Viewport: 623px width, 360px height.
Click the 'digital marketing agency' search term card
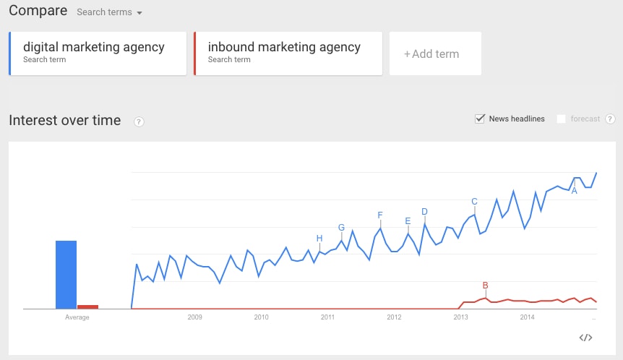(x=98, y=53)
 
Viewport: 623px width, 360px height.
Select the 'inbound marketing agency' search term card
(x=288, y=53)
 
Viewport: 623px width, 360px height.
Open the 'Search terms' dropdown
(x=109, y=12)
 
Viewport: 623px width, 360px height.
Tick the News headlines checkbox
(x=479, y=119)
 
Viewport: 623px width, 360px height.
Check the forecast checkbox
(x=562, y=119)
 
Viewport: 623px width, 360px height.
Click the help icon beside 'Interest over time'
(x=139, y=121)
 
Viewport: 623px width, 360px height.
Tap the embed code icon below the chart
(x=586, y=338)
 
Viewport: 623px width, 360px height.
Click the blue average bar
(x=66, y=275)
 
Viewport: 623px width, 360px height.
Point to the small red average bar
(x=88, y=307)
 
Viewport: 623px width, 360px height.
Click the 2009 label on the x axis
(x=194, y=317)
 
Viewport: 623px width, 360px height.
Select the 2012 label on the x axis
(x=394, y=317)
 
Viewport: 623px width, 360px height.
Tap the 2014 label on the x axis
(x=527, y=317)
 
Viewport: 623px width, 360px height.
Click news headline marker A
(x=575, y=191)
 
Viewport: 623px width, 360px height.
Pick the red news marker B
(x=486, y=285)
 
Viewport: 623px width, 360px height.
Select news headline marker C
(x=474, y=202)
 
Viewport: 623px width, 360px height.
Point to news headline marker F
(x=380, y=215)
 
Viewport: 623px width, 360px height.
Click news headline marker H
(x=319, y=239)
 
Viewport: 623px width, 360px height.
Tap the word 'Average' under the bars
(x=77, y=317)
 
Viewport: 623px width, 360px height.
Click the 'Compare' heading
(x=38, y=11)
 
